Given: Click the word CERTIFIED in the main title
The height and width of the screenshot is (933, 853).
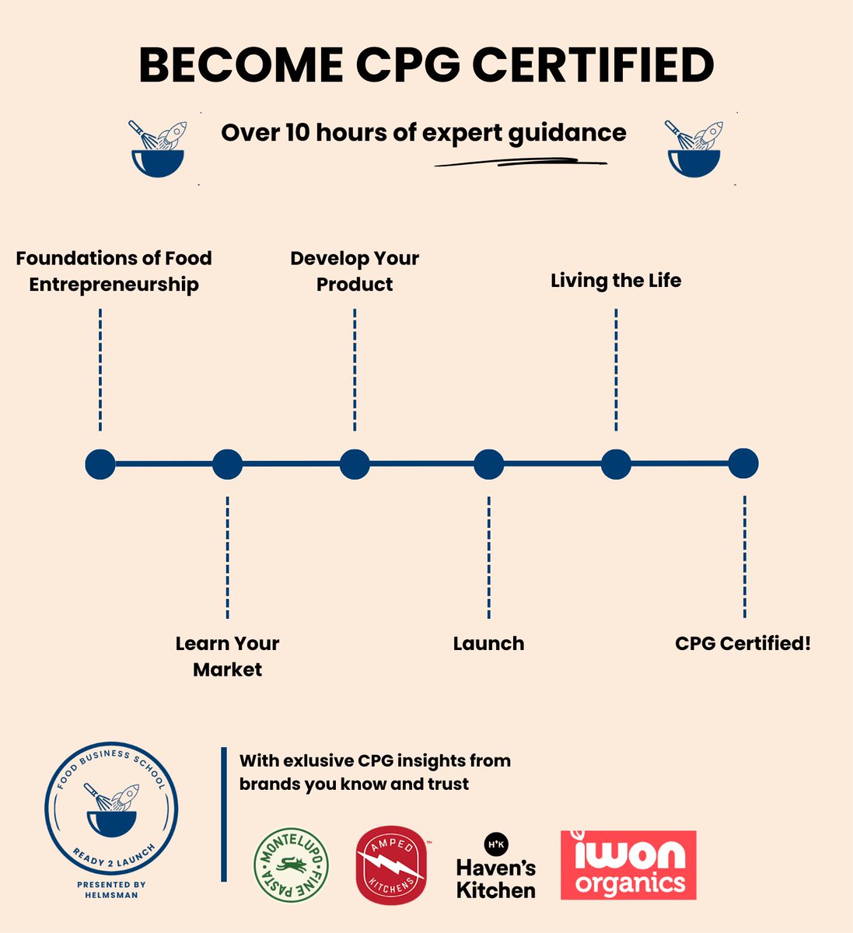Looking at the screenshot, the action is [593, 65].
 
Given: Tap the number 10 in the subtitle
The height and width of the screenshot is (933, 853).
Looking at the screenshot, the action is [297, 132].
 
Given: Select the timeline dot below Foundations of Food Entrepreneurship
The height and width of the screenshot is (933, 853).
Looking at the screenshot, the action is [100, 464].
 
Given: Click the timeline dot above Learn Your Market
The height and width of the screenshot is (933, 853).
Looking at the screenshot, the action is [228, 464].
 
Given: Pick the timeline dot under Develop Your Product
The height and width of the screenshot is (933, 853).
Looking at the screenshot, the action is [355, 464].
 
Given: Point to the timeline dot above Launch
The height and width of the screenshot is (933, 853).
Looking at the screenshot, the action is [488, 464].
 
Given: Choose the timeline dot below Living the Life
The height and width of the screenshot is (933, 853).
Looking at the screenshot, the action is [616, 464].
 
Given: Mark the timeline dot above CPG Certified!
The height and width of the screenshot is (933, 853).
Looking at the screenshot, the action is [743, 463].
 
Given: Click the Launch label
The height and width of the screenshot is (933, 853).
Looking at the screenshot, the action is [488, 644].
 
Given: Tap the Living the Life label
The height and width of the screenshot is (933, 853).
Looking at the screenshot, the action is [616, 281].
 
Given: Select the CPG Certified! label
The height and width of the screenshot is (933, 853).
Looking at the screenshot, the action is [743, 644].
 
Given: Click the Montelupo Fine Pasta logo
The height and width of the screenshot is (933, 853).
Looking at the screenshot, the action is [291, 866].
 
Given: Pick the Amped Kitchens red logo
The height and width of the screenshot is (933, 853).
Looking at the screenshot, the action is [392, 865].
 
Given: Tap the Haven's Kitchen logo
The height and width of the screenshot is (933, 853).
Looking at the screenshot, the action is [496, 866].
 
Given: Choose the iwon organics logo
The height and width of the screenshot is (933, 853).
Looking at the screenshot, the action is [628, 865].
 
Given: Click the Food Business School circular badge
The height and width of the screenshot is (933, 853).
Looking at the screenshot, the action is [111, 809].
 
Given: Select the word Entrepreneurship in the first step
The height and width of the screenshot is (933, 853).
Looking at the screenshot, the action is [114, 285].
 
